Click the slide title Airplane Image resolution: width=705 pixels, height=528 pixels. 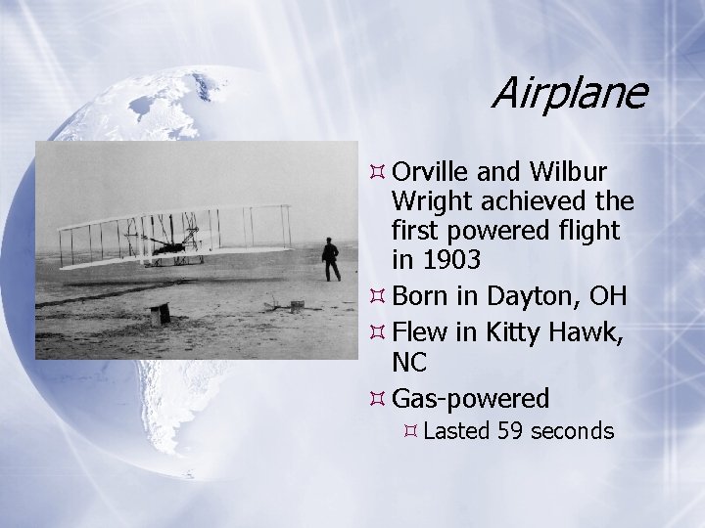tap(568, 94)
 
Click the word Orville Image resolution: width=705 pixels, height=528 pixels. tap(432, 172)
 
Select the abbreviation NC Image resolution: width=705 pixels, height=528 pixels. tap(409, 363)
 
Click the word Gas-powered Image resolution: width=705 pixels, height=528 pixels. tap(470, 398)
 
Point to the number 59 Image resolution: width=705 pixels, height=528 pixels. tap(511, 430)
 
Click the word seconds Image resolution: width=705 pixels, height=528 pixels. tap(572, 430)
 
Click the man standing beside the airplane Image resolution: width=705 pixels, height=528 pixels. tap(331, 260)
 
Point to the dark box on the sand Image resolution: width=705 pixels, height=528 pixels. tap(159, 314)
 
